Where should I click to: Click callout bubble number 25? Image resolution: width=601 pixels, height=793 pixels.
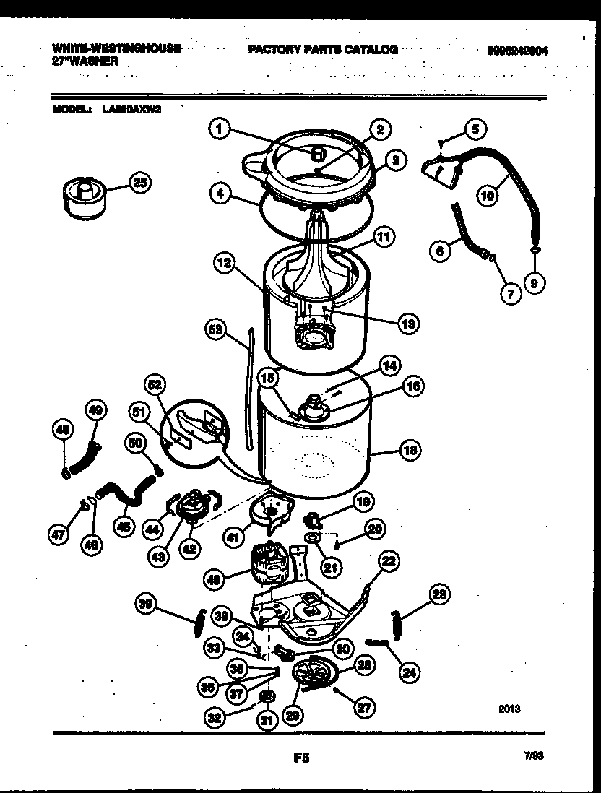click(140, 183)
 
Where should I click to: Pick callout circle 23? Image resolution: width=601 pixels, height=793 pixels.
click(438, 594)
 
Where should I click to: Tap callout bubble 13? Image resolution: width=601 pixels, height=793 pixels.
click(408, 324)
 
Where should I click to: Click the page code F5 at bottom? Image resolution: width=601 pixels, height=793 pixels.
click(301, 758)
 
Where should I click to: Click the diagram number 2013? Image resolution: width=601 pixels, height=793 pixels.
click(509, 708)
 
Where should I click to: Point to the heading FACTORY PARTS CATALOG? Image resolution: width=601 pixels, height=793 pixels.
click(322, 50)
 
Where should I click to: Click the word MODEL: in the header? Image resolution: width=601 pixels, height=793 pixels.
click(71, 110)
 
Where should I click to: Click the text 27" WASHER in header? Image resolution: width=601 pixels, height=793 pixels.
click(85, 62)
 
